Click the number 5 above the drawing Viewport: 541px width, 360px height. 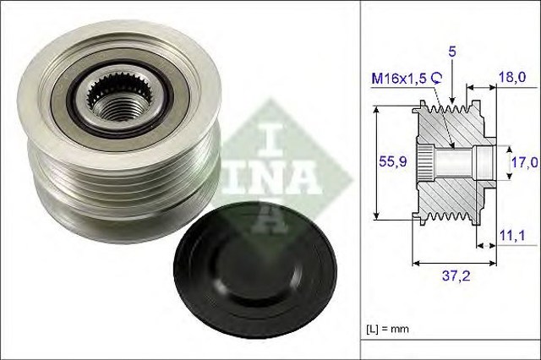coord(452,52)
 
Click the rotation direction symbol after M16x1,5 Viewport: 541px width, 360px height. coord(437,77)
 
